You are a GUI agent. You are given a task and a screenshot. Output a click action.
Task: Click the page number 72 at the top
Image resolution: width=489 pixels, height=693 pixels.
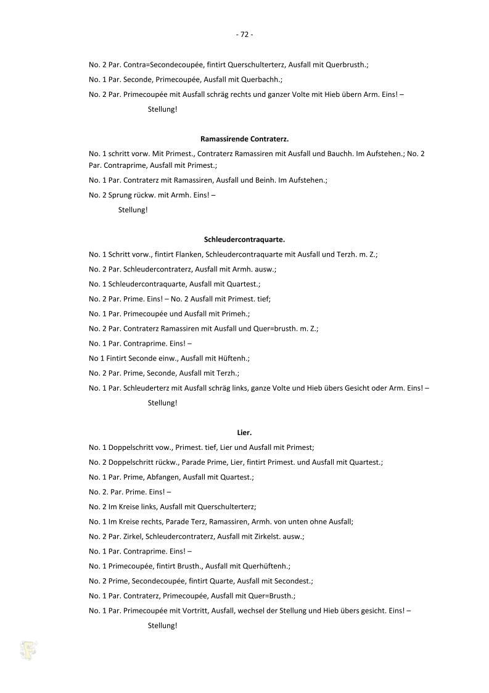(244, 35)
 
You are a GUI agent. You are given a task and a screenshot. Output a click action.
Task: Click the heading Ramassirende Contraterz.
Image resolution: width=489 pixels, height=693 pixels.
(244, 139)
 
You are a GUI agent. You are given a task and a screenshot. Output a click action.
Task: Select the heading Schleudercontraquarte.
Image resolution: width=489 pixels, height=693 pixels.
(244, 239)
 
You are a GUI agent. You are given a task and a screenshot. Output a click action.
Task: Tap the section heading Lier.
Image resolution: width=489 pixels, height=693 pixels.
(244, 433)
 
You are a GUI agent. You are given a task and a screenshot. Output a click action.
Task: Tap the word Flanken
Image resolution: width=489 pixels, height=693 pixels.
(192, 254)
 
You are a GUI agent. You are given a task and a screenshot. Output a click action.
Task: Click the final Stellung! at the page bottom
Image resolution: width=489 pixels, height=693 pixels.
(162, 625)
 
